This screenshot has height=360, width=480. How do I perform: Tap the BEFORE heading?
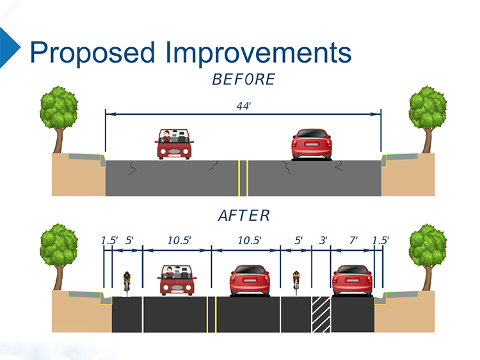243,80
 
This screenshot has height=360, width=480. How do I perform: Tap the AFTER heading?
244,215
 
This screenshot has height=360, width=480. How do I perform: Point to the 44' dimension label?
243,106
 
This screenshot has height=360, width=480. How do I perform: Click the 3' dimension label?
323,240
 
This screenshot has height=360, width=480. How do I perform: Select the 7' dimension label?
353,240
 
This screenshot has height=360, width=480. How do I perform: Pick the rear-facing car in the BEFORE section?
312,144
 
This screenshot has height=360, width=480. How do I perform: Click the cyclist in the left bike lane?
127,281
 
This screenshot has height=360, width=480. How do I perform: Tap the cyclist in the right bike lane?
296,281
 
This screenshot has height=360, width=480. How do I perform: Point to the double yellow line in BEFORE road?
243,178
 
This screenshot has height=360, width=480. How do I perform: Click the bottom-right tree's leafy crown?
428,247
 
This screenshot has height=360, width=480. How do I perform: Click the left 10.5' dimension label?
179,240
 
